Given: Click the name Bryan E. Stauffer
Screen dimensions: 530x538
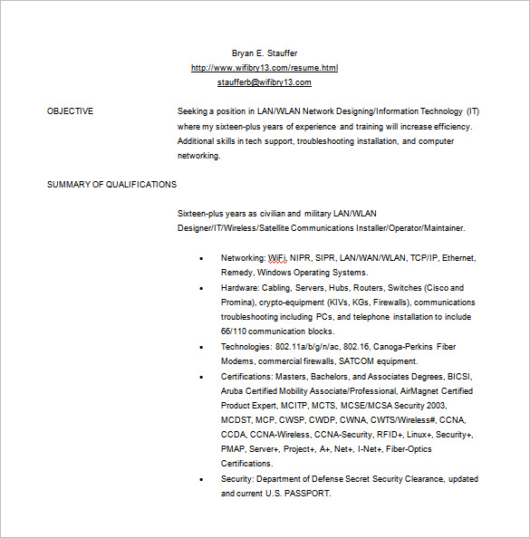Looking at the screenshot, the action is pyautogui.click(x=265, y=53).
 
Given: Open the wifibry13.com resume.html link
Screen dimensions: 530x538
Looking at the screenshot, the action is pyautogui.click(x=265, y=68).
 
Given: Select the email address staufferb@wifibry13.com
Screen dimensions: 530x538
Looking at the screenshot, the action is pyautogui.click(x=265, y=82).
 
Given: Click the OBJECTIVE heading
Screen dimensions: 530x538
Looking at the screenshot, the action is pyautogui.click(x=70, y=111).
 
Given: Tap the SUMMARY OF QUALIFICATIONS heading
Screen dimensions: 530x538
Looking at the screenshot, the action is pyautogui.click(x=111, y=185).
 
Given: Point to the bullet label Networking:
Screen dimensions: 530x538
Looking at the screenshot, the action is pyautogui.click(x=243, y=258).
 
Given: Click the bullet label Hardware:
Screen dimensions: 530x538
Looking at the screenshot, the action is pyautogui.click(x=240, y=288).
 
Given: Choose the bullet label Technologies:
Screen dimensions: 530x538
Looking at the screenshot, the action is pyautogui.click(x=246, y=347).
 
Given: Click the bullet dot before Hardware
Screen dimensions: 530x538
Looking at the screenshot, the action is pyautogui.click(x=200, y=288).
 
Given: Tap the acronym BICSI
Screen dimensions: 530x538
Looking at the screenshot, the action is pyautogui.click(x=460, y=376).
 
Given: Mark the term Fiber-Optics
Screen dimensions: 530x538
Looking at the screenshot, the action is pyautogui.click(x=408, y=449).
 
